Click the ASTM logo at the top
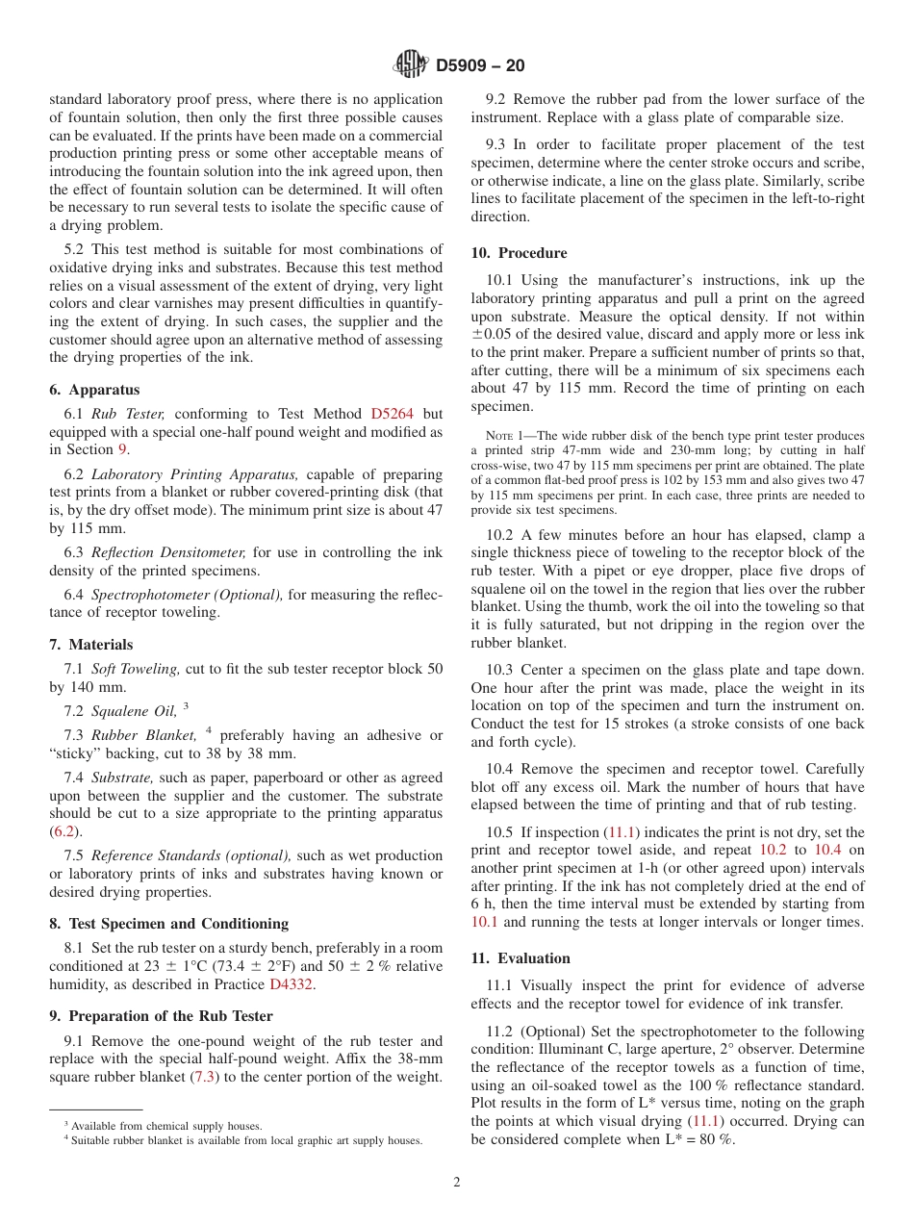tap(411, 65)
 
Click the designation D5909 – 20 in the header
tap(479, 66)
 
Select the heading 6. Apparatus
tap(94, 390)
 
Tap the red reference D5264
tap(392, 413)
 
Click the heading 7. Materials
tap(91, 645)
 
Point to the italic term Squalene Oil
tap(134, 711)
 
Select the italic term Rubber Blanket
tap(144, 735)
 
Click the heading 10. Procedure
tap(519, 253)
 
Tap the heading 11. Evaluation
tap(520, 958)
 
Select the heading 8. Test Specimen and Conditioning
tap(168, 924)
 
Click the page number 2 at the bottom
tap(457, 1183)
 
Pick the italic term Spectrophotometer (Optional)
tap(187, 595)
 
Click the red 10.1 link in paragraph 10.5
tap(484, 922)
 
